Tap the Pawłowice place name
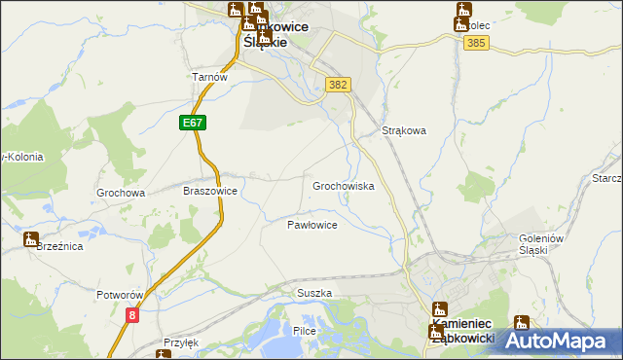(311, 225)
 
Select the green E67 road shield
(192, 123)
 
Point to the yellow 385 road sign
(476, 44)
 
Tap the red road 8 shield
(132, 314)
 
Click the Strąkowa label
(404, 130)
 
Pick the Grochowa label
(121, 193)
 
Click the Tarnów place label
(209, 77)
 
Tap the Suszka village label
(314, 293)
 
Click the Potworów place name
(121, 294)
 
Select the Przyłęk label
(181, 342)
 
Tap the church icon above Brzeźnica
(31, 238)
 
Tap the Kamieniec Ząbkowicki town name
(462, 330)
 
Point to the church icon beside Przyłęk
(162, 355)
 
